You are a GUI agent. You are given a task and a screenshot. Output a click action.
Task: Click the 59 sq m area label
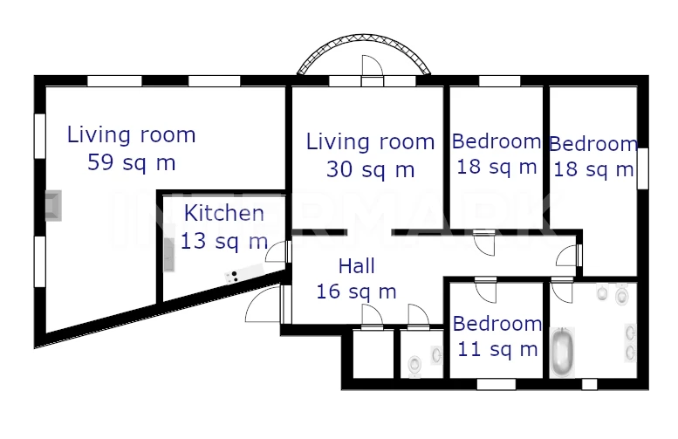tap(132, 163)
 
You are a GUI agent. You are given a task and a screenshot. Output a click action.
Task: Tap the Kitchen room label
tap(224, 213)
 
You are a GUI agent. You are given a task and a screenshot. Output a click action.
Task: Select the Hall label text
tap(356, 266)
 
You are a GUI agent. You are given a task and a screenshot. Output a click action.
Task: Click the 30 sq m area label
tap(371, 169)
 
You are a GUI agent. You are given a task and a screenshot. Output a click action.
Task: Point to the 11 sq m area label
tap(497, 349)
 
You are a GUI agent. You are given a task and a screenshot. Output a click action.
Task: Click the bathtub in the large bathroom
tap(563, 352)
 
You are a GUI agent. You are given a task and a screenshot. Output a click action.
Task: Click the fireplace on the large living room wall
tap(53, 205)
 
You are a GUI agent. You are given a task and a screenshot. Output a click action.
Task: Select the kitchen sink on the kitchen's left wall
tap(169, 255)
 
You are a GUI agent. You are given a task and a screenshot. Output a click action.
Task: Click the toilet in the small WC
tap(415, 365)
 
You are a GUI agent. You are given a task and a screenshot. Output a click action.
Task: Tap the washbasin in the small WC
tap(436, 354)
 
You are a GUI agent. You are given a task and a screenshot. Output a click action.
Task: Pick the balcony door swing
tap(373, 65)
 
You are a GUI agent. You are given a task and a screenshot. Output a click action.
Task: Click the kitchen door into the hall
tap(277, 252)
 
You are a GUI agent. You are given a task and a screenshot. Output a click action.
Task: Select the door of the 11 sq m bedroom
tap(485, 292)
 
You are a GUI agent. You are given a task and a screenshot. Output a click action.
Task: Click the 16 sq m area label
tap(356, 292)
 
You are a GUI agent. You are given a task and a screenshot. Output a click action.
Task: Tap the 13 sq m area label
tap(224, 241)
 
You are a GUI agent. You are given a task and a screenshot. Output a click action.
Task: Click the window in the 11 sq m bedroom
tap(497, 384)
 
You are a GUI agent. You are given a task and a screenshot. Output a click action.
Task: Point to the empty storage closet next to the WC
tap(373, 353)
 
